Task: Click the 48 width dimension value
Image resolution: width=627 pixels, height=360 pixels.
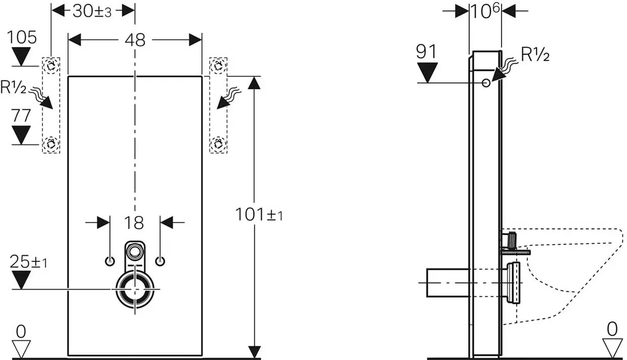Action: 135,40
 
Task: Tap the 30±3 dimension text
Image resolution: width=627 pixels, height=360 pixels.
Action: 92,12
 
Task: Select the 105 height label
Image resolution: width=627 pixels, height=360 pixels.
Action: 22,37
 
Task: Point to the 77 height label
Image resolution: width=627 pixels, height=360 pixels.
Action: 21,116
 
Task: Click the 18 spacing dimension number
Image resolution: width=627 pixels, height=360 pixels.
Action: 134,223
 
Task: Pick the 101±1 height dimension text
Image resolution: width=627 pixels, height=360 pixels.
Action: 259,215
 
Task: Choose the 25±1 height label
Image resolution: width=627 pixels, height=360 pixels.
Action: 28,262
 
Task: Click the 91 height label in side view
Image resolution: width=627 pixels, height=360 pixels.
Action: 426,52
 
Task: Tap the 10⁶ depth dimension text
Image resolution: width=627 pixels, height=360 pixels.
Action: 485,11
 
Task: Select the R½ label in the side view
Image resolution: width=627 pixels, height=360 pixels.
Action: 535,54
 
